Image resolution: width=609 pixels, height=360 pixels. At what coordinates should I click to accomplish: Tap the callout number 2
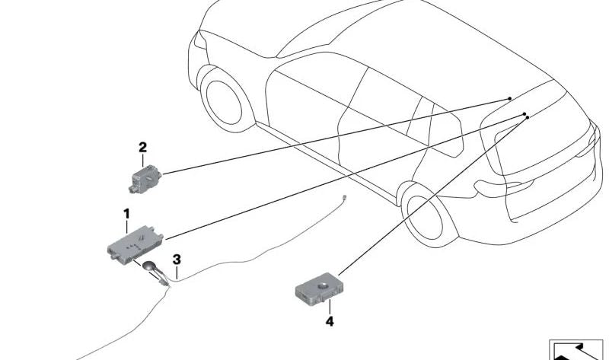tap(142, 147)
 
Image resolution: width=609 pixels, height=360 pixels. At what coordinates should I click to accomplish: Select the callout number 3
tap(176, 259)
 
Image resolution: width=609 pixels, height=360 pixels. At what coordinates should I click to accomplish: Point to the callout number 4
tap(330, 322)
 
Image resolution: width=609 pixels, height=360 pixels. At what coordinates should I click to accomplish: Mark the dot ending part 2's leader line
tap(509, 100)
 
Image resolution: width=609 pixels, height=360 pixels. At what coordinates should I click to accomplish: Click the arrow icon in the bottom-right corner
tap(577, 349)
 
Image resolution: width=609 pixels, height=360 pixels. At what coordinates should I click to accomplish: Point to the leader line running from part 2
tap(335, 137)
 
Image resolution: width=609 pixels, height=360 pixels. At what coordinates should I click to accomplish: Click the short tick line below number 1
tap(127, 226)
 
